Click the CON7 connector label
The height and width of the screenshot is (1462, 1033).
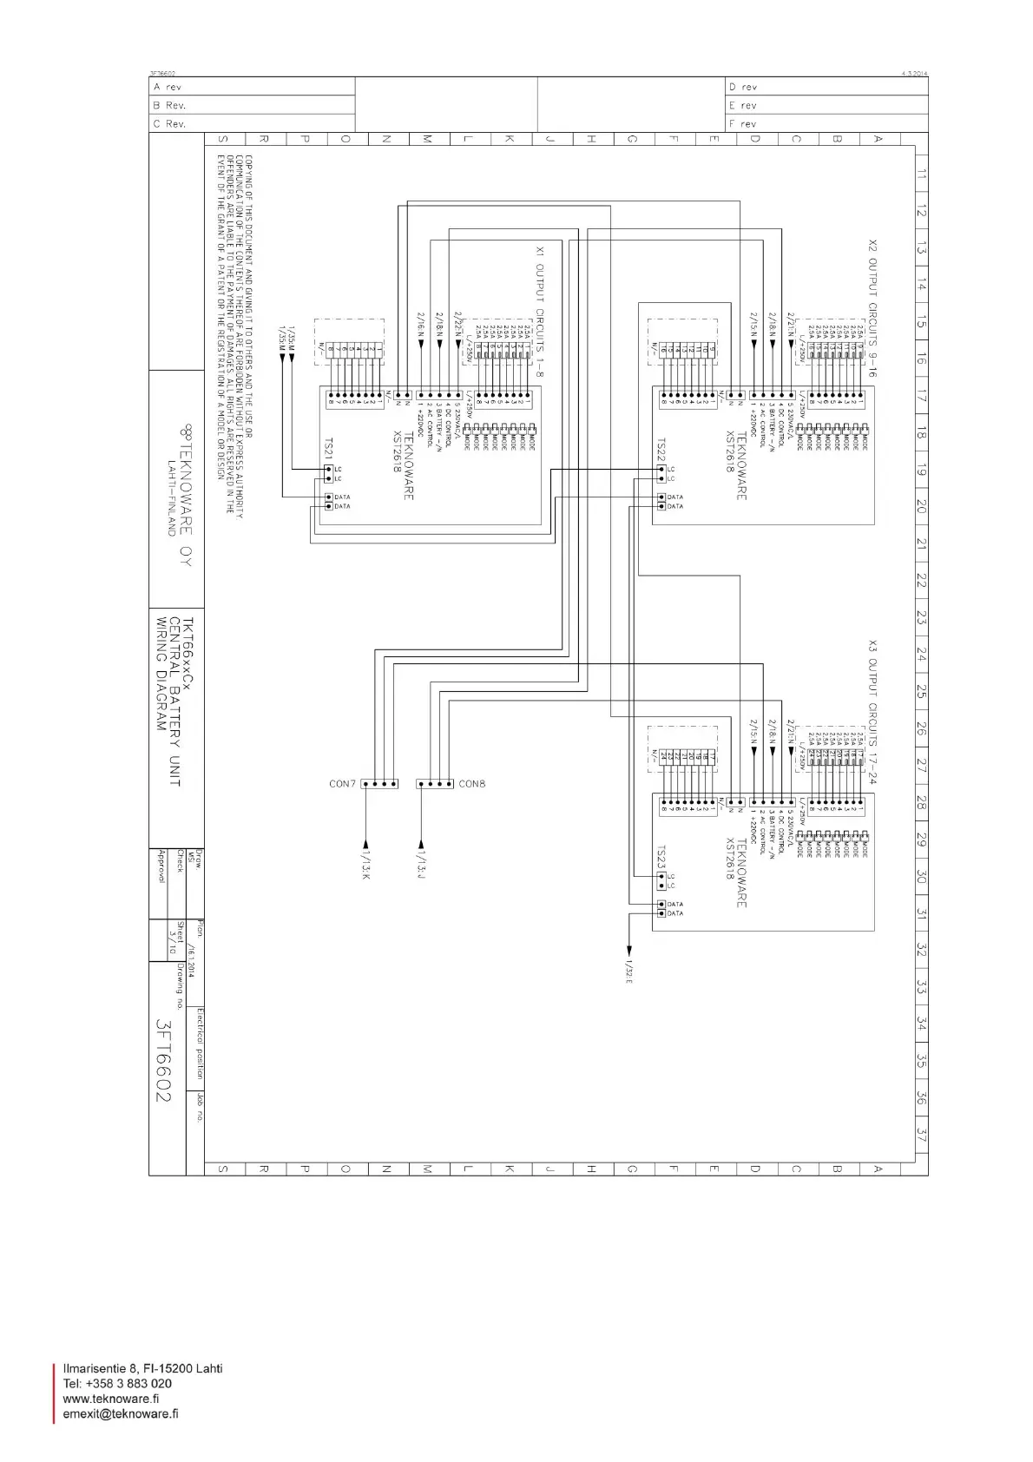[x=342, y=784]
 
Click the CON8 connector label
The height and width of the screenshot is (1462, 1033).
[x=472, y=784]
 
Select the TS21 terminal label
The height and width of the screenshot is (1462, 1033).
[x=328, y=449]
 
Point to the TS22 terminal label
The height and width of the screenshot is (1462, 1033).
[x=661, y=450]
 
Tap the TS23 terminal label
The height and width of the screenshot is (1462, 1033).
[x=661, y=858]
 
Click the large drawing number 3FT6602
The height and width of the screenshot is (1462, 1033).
[x=163, y=1060]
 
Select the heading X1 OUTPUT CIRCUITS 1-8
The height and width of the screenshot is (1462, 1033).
[x=539, y=312]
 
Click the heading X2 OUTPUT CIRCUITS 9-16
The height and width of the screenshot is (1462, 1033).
[x=872, y=308]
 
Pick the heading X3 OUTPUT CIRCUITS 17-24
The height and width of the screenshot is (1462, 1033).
[x=872, y=712]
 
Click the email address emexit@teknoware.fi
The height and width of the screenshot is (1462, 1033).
[x=121, y=1413]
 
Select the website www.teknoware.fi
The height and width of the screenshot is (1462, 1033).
[x=110, y=1398]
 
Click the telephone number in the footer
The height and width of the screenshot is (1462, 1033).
[x=117, y=1383]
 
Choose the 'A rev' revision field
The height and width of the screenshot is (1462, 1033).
[x=168, y=87]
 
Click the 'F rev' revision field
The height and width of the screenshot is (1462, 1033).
[x=743, y=124]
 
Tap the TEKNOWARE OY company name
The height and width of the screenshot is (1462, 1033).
[x=185, y=495]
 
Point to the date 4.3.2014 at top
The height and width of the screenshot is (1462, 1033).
[x=915, y=74]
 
